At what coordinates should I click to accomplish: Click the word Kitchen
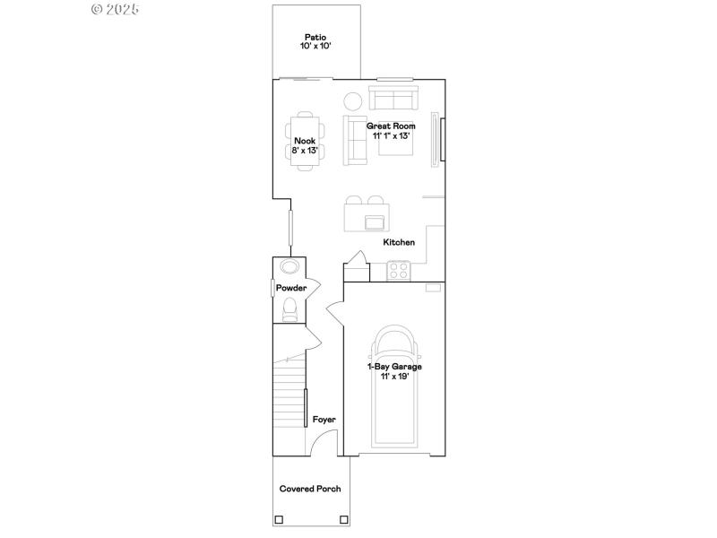pyautogui.click(x=399, y=242)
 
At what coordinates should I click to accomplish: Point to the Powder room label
pyautogui.click(x=291, y=288)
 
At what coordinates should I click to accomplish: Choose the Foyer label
pyautogui.click(x=324, y=419)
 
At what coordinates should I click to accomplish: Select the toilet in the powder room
pyautogui.click(x=289, y=309)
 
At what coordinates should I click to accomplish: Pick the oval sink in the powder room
pyautogui.click(x=289, y=266)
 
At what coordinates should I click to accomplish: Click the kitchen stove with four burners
pyautogui.click(x=398, y=268)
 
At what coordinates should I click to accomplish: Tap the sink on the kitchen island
pyautogui.click(x=374, y=221)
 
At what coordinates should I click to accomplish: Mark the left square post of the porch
pyautogui.click(x=279, y=519)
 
